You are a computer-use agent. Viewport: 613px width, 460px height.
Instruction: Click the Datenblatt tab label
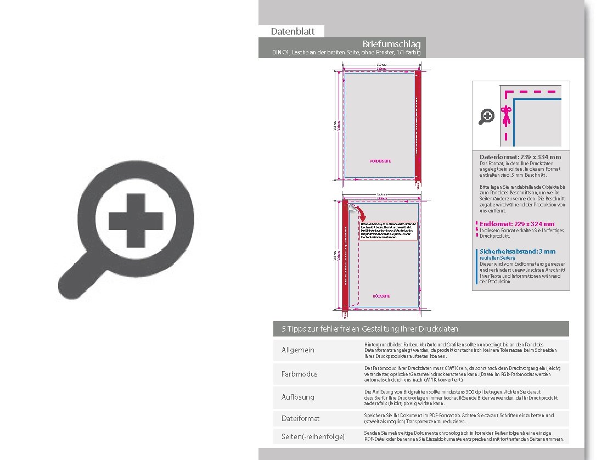tap(293, 32)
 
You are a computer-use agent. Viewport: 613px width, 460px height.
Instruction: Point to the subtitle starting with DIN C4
tap(348, 53)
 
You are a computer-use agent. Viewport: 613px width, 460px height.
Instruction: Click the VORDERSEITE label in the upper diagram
tap(380, 161)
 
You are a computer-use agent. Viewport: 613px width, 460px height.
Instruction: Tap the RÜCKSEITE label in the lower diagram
tap(381, 296)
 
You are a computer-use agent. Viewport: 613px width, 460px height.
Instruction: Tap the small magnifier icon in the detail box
tap(487, 116)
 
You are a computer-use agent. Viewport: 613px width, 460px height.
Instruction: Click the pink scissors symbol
tap(506, 116)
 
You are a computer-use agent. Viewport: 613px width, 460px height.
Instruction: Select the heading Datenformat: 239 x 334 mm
tap(520, 157)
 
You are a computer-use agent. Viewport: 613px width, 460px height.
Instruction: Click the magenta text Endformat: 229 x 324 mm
tap(517, 224)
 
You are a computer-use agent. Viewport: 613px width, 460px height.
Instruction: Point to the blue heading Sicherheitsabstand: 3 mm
tap(518, 251)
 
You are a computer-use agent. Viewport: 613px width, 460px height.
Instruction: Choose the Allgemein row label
tap(298, 350)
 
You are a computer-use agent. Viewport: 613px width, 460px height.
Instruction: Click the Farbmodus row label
tap(300, 374)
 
